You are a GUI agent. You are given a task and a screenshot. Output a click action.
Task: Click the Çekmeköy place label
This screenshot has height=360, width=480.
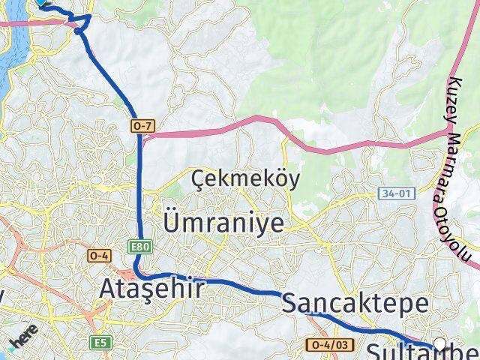[x=245, y=179]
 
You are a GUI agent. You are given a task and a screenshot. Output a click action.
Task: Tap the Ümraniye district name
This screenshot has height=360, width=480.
[x=224, y=223]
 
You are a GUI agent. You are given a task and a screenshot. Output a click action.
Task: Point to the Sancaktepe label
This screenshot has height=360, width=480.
[x=355, y=304]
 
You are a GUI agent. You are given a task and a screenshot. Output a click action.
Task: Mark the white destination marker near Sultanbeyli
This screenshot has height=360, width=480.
[x=439, y=344]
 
